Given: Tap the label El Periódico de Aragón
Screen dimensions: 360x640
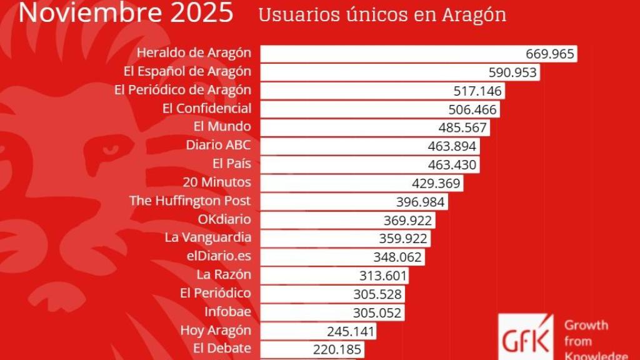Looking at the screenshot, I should pos(182,90).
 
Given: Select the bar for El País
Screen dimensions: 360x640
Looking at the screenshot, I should pos(337,165).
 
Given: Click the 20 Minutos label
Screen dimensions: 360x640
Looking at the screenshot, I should pos(217,182).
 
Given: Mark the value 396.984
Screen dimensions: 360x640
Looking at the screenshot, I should pos(420,202).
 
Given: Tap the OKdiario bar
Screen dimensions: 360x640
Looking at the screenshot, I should pos(319,221).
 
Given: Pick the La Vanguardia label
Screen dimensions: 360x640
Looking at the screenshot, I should pos(208,237).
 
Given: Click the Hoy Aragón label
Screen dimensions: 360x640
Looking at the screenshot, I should pos(216,330).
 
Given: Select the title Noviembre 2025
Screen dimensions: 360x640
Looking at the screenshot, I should pos(126,12).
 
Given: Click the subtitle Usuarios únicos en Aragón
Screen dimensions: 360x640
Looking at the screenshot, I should pos(382,15).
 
